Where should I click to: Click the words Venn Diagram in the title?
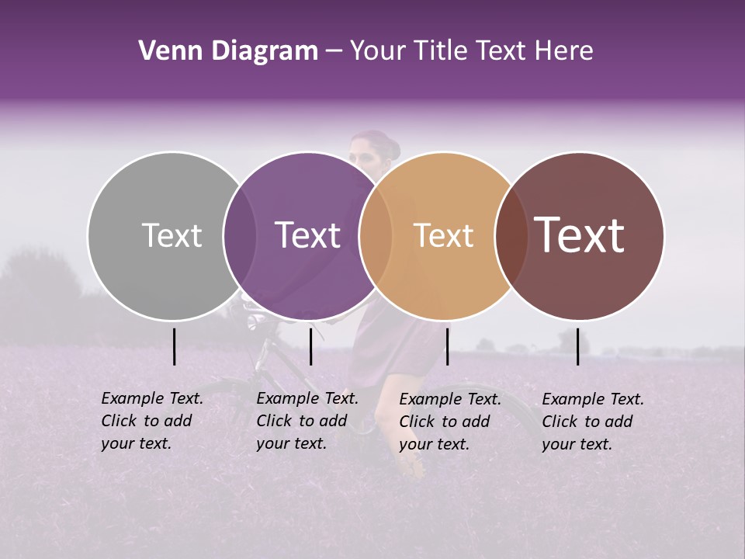pos(228,51)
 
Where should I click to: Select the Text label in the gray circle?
pos(172,235)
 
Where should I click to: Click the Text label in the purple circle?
pos(307,235)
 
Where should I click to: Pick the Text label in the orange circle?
pos(443,235)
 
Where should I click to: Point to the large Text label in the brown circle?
pos(580,235)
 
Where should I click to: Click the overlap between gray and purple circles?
pos(240,235)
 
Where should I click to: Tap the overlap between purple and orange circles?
pos(376,235)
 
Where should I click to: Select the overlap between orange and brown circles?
pos(511,235)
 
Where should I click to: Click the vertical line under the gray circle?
pos(174,346)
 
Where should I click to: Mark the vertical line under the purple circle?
pos(310,346)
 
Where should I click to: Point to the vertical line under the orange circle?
pos(447,346)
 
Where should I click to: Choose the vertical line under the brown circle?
pos(577,346)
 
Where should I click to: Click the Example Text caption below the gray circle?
pos(151,421)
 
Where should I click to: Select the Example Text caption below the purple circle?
pos(307,421)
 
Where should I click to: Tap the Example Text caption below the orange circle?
pos(449,422)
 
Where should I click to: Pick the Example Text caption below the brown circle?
pos(592,422)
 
